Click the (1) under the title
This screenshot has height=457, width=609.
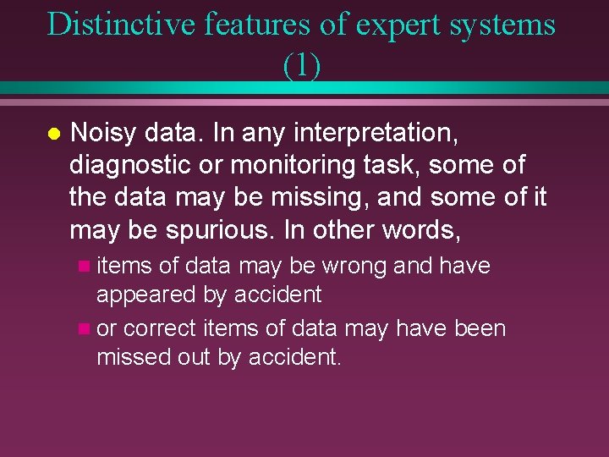click(302, 65)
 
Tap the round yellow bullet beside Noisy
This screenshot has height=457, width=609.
click(52, 134)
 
